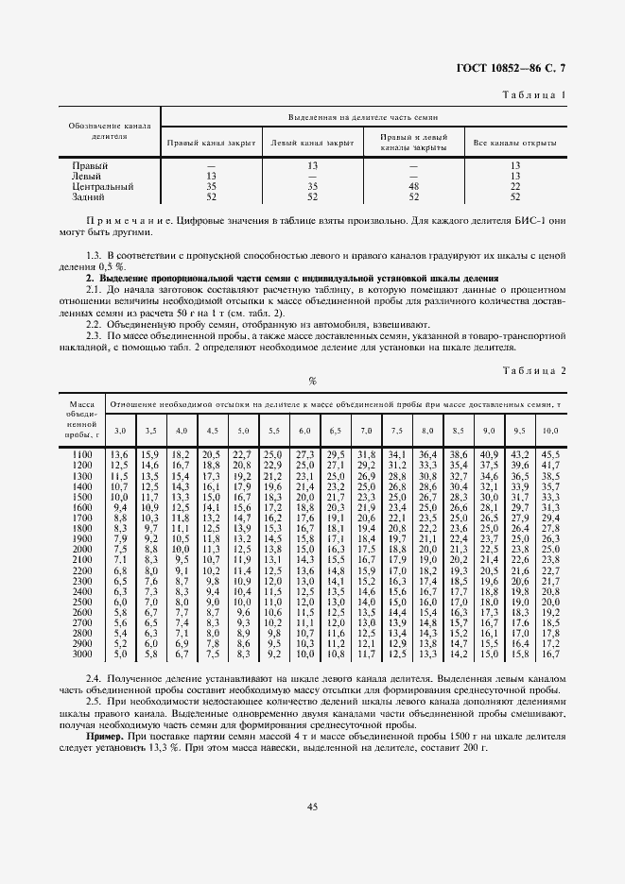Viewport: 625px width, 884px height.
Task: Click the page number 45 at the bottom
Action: pos(311,806)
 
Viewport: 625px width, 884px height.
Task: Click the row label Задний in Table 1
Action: pos(88,197)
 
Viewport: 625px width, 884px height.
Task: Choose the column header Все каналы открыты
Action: pos(514,144)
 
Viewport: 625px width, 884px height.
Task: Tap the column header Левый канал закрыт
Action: pos(312,144)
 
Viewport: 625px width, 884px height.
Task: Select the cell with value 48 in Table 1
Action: pos(413,187)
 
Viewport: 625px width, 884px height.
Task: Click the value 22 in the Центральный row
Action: pos(515,187)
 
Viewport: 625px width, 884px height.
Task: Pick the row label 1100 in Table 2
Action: pos(81,455)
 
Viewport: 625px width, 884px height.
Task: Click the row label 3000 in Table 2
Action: pos(81,654)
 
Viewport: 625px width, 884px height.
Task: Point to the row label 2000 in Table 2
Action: pos(81,549)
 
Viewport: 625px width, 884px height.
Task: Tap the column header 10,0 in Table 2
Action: pos(549,431)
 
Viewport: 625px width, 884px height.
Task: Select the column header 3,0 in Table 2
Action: pos(120,431)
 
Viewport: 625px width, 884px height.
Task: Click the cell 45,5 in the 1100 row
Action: pos(550,455)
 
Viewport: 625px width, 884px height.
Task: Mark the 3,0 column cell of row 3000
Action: pos(120,654)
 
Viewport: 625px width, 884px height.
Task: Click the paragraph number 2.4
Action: pos(94,680)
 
